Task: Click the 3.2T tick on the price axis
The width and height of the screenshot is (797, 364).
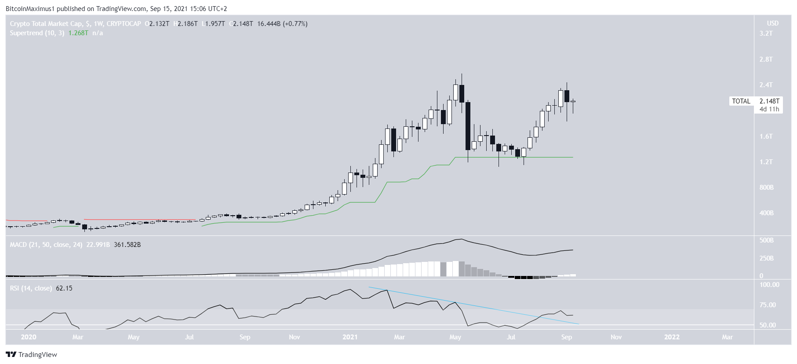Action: click(766, 33)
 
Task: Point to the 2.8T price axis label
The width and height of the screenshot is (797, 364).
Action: click(766, 59)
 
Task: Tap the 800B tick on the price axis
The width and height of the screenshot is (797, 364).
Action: click(766, 188)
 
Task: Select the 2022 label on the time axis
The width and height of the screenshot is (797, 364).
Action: click(672, 337)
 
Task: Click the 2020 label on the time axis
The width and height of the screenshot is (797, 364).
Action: click(29, 337)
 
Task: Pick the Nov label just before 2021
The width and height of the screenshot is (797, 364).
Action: click(295, 337)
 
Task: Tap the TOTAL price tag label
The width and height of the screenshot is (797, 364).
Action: click(741, 101)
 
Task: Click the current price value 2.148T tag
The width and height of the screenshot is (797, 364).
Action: click(769, 101)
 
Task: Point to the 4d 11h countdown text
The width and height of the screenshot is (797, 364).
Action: click(769, 109)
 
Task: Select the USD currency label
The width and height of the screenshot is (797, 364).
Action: click(772, 23)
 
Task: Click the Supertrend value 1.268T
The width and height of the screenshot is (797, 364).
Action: click(78, 33)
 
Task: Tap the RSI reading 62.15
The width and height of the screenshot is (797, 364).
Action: click(64, 288)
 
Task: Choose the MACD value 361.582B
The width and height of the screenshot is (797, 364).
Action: click(127, 245)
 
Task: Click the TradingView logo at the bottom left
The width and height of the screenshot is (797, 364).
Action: click(32, 355)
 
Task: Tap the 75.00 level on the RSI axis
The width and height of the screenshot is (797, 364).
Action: click(768, 305)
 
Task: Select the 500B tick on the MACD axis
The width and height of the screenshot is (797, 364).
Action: click(767, 240)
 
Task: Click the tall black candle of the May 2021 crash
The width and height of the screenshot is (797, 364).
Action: click(468, 126)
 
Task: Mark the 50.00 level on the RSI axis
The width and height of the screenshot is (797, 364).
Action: click(768, 325)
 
